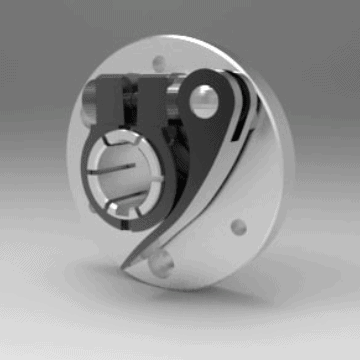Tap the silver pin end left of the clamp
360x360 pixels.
[89, 104]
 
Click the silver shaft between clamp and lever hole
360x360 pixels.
[179, 100]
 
